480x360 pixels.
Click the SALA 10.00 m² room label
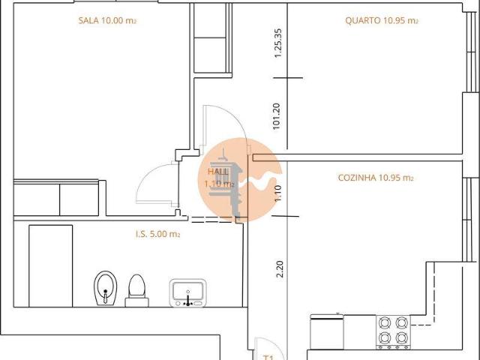107,21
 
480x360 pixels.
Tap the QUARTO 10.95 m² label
381,21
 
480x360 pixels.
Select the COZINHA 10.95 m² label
376,178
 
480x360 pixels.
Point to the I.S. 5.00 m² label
157,234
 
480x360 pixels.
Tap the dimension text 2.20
280,268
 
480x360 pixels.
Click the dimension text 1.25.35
278,46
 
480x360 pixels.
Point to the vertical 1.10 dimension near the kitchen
277,194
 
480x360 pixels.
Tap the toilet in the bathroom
136,290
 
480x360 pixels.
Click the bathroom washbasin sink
187,292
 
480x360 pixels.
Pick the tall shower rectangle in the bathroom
50,264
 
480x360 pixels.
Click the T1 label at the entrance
268,355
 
